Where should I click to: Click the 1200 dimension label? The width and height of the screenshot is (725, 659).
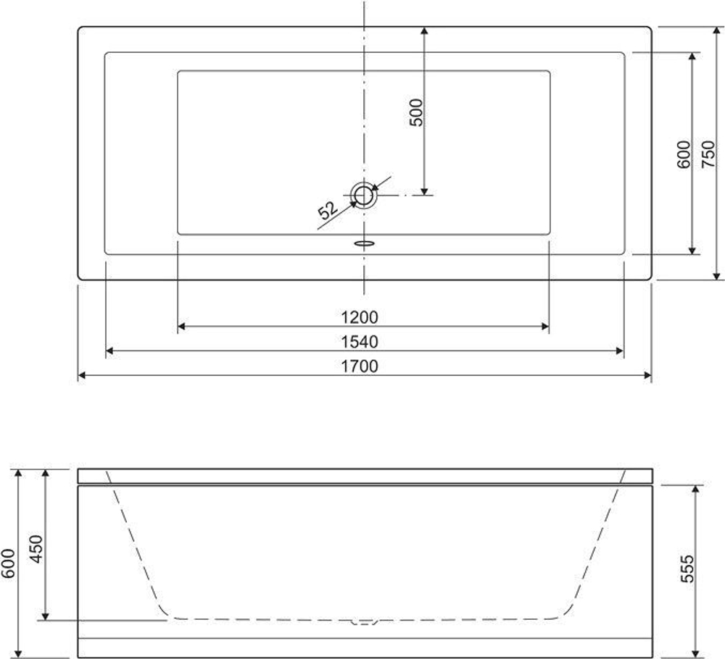click(x=360, y=317)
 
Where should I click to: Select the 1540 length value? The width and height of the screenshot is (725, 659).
click(x=360, y=342)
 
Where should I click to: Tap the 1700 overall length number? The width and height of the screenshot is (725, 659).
click(x=360, y=366)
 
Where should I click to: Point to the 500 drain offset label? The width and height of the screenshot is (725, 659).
click(x=416, y=112)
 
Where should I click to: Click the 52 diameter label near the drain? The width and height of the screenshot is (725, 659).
click(x=328, y=210)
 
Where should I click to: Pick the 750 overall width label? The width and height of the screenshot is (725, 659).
click(x=708, y=154)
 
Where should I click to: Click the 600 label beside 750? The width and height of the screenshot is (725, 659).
click(x=684, y=154)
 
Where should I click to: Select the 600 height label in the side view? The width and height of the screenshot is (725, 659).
click(x=8, y=563)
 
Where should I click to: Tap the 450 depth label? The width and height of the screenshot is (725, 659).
click(x=36, y=549)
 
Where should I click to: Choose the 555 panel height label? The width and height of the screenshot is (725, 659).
click(x=687, y=569)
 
